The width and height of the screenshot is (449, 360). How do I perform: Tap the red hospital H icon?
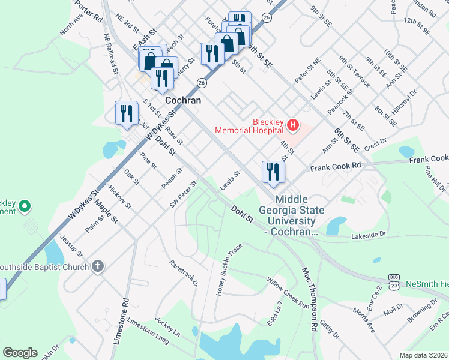click(292, 125)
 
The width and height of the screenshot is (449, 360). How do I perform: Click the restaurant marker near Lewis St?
click(273, 172)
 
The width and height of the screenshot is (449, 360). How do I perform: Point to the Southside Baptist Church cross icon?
click(98, 266)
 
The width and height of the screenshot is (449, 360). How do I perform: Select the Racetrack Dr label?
click(184, 273)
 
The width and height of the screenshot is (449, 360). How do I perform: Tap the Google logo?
click(20, 353)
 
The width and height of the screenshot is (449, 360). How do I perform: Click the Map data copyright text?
click(423, 355)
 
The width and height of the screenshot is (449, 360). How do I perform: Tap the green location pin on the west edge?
click(25, 207)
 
